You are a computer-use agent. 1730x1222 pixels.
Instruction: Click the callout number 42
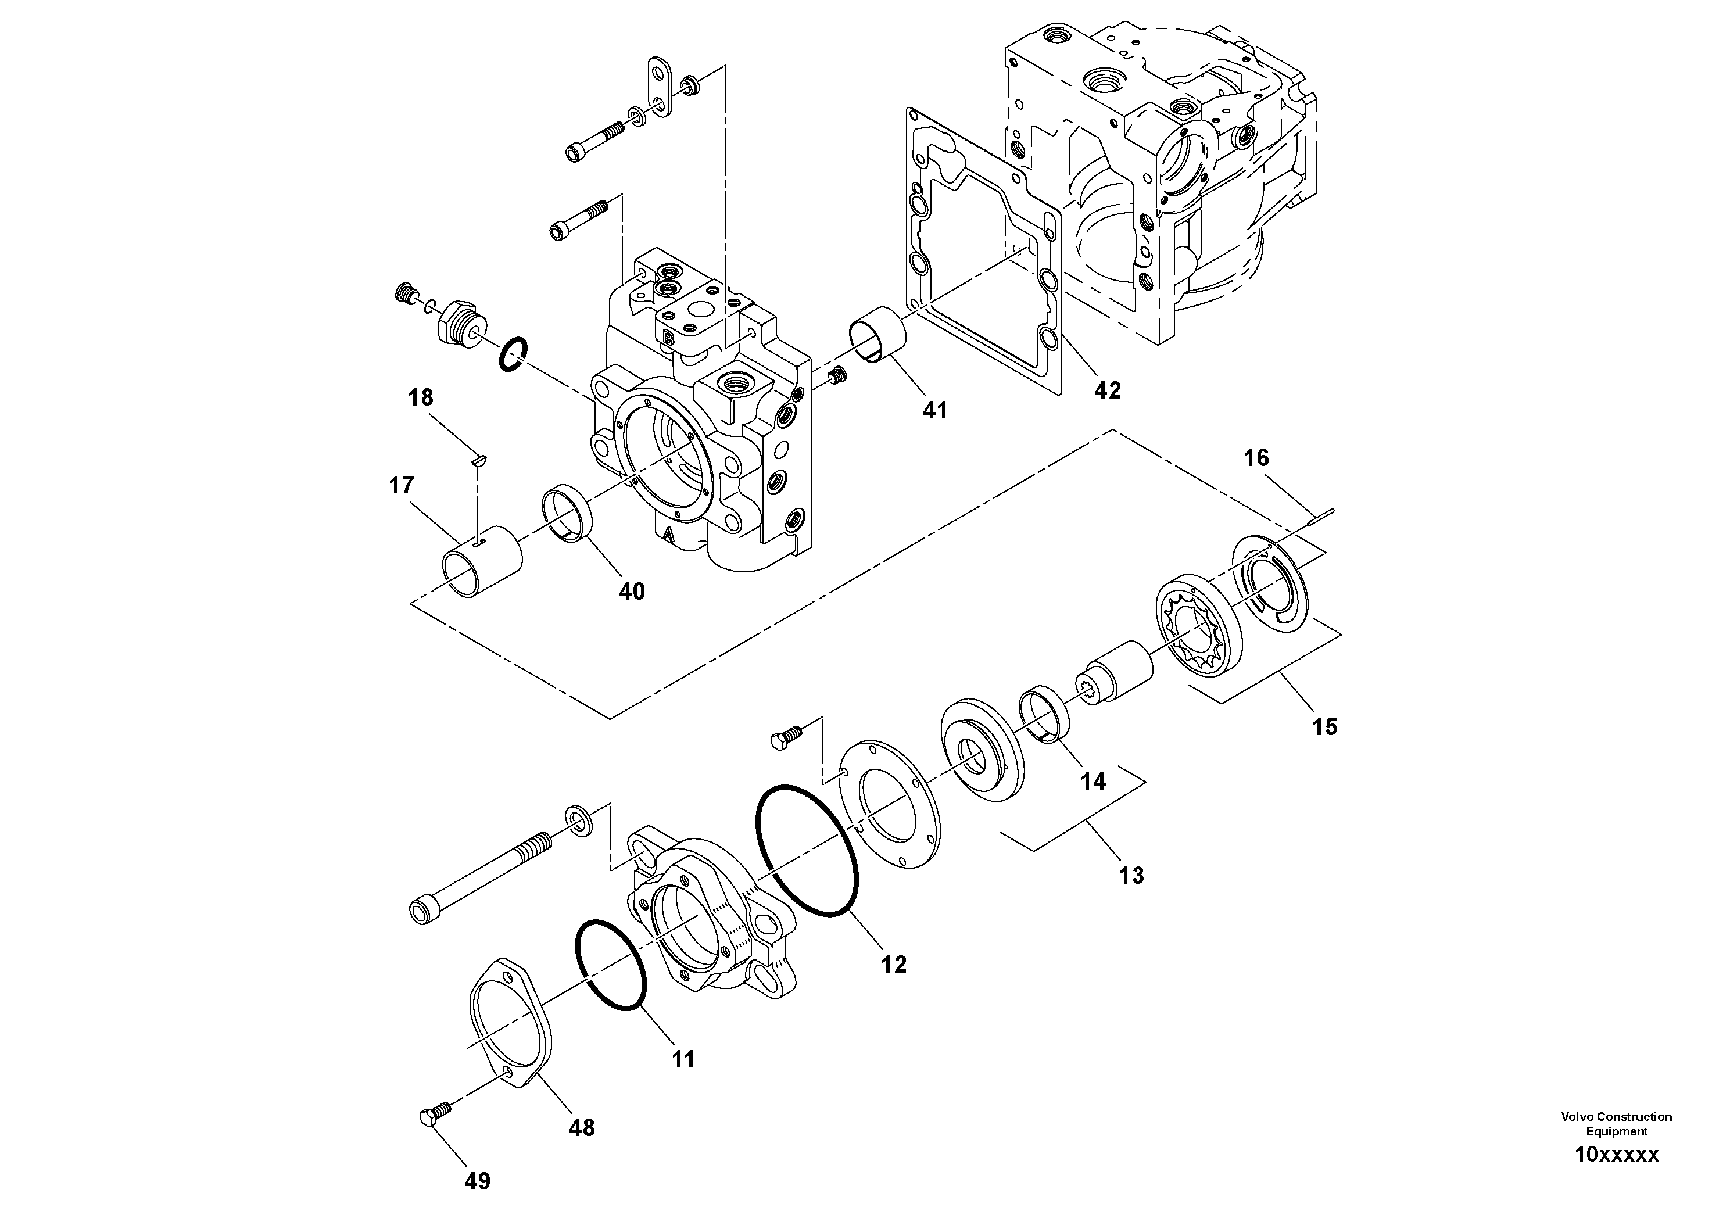pos(1107,390)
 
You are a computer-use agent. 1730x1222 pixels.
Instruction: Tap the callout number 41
pos(934,411)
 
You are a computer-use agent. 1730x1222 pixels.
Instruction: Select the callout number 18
pos(421,398)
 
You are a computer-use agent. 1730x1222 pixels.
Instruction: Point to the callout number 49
pos(477,1181)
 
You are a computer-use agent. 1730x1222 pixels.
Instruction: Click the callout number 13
pos(1131,876)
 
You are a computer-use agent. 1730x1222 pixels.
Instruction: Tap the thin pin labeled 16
pos(1323,515)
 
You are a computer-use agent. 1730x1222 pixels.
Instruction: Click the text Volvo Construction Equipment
pos(1616,1123)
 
